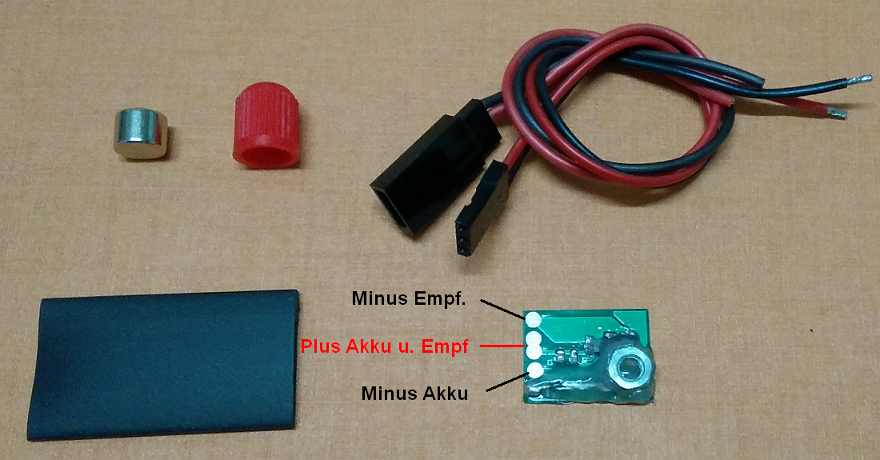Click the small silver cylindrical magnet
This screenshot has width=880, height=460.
point(141,134)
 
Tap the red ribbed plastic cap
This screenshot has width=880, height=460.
point(266,125)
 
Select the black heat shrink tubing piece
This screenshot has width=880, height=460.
point(162,364)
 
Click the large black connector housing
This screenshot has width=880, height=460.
point(434,166)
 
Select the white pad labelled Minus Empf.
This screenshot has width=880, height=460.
point(533,320)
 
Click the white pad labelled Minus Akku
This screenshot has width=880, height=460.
point(535,370)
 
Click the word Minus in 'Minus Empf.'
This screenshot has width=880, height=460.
point(380,298)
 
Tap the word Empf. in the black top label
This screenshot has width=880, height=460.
point(439,299)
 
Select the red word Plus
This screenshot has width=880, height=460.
point(321,346)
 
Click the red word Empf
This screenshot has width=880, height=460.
point(445,347)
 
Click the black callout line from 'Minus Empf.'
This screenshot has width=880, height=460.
point(503,309)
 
